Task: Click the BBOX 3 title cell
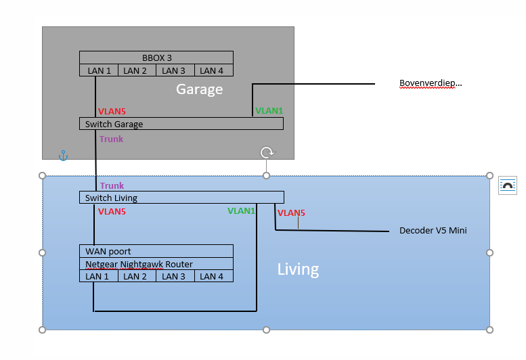tap(156, 58)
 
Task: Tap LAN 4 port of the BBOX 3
tap(214, 70)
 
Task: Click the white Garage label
tap(199, 89)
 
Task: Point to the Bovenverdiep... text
tap(431, 84)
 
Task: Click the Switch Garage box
tap(181, 124)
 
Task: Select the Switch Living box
tap(181, 198)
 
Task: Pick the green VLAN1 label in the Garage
tap(269, 110)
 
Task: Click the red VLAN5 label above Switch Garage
tap(112, 111)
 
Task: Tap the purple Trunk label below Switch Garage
tap(111, 139)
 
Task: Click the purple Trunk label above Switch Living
tap(112, 186)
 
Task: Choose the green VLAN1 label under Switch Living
tap(241, 211)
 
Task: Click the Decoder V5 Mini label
tap(433, 231)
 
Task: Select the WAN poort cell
tap(156, 251)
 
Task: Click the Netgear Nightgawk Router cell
tap(156, 264)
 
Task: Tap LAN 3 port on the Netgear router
tap(175, 276)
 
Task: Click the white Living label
tap(298, 269)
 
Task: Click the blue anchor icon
tap(63, 156)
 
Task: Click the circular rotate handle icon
tap(267, 152)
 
